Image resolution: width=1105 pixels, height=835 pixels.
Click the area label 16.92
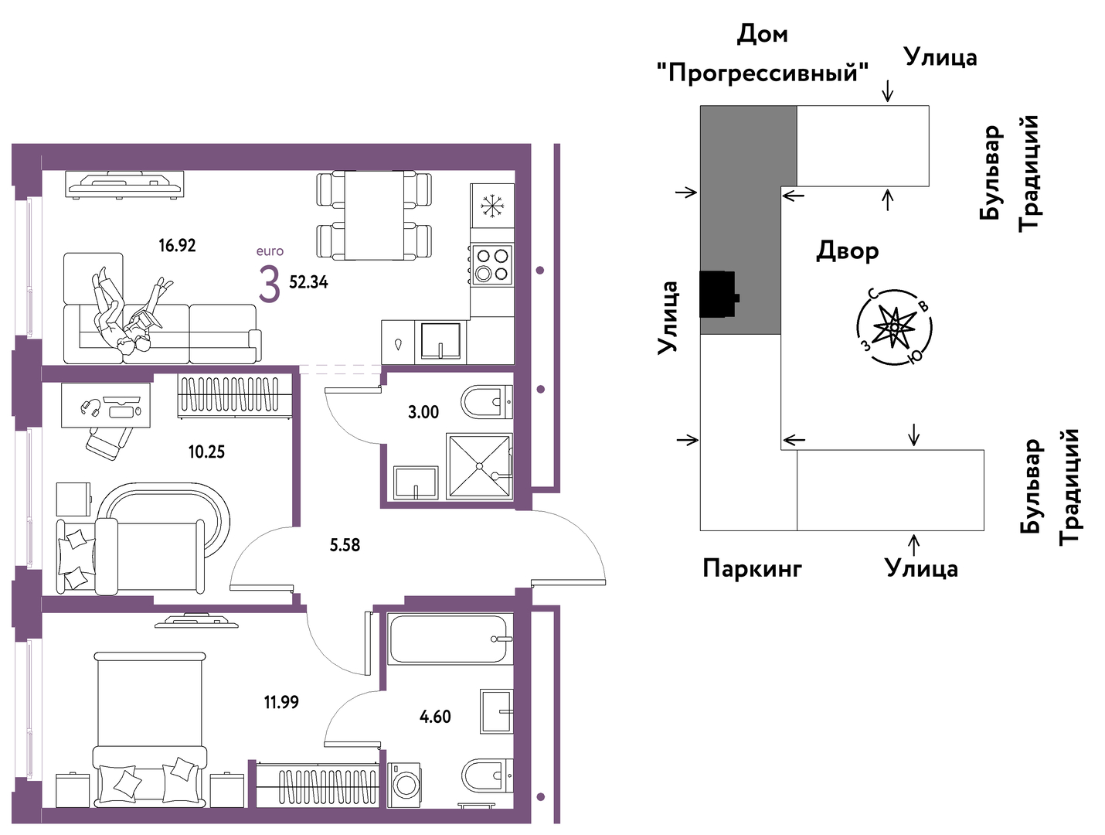tap(177, 245)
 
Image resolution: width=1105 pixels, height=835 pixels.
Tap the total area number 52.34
tap(308, 282)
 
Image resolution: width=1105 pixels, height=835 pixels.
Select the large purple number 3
tap(270, 284)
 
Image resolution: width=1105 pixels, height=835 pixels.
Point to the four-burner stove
tap(491, 264)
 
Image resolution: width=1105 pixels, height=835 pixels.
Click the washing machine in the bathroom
tap(404, 786)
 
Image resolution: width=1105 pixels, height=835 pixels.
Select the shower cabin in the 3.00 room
tap(479, 466)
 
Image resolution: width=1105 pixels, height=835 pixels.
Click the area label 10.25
tap(206, 452)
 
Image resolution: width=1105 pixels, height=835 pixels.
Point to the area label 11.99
tap(281, 701)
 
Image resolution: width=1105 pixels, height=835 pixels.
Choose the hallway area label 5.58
tap(345, 545)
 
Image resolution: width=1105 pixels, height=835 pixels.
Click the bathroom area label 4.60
tap(435, 716)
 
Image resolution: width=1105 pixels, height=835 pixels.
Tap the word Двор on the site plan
tap(847, 250)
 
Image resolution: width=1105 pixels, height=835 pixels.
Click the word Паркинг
tap(752, 568)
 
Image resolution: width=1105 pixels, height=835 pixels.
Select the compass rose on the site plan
tap(894, 327)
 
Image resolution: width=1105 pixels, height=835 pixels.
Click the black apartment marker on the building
tap(719, 295)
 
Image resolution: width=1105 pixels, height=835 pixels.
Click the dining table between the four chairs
tap(374, 215)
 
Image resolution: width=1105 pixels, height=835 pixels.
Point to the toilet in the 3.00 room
tap(486, 402)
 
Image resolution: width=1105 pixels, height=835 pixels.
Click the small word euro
tap(270, 250)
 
